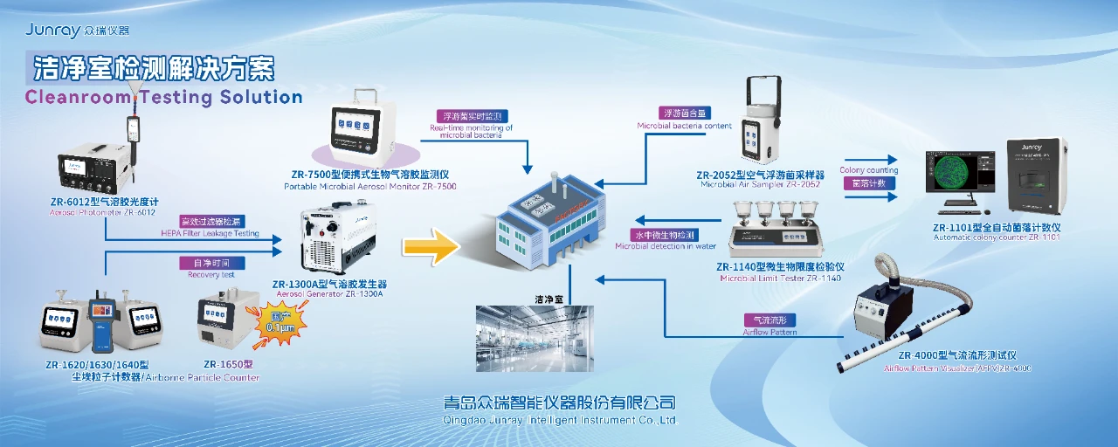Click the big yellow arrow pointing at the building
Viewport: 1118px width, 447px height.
pyautogui.click(x=431, y=247)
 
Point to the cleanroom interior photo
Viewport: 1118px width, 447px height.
pyautogui.click(x=535, y=339)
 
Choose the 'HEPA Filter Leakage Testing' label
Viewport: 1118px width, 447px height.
pyautogui.click(x=210, y=233)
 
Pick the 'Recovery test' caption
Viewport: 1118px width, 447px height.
pyautogui.click(x=211, y=275)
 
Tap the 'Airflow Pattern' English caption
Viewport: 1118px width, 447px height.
pyautogui.click(x=769, y=332)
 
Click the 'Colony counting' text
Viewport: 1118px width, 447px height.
pyautogui.click(x=868, y=170)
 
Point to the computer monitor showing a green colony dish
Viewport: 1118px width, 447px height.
pyautogui.click(x=962, y=175)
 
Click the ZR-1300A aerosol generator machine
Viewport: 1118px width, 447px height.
pyautogui.click(x=337, y=240)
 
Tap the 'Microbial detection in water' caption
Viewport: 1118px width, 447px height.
pyautogui.click(x=666, y=246)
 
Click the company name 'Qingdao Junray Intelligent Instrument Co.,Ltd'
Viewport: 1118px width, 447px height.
pyautogui.click(x=560, y=420)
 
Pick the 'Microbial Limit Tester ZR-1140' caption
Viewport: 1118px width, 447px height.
pyautogui.click(x=780, y=279)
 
